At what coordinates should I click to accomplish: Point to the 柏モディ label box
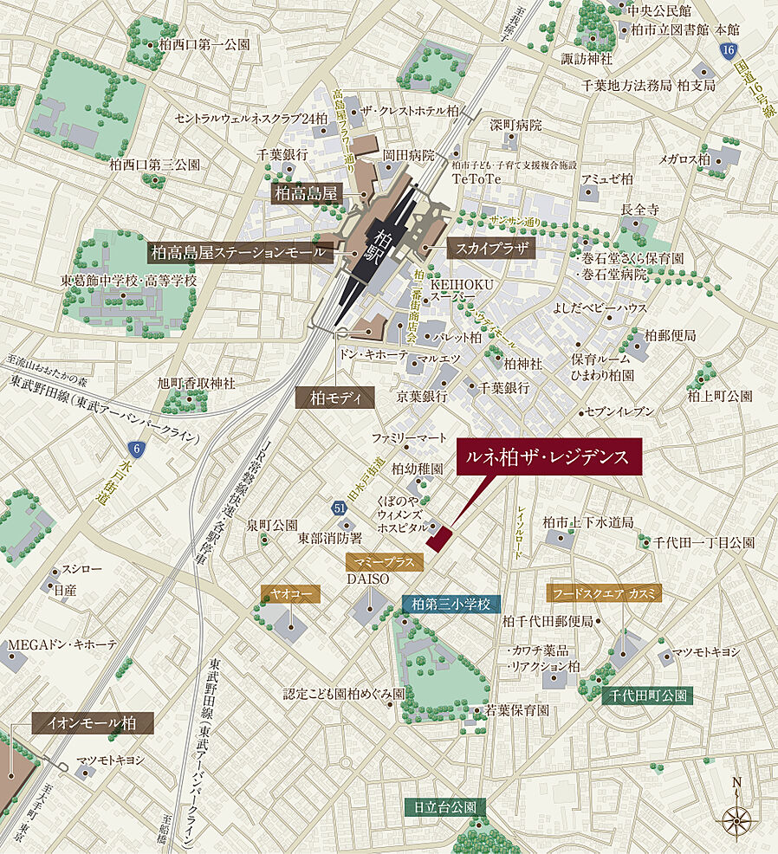(334, 398)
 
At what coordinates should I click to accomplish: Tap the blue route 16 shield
(726, 52)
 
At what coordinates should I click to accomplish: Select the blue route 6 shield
(134, 449)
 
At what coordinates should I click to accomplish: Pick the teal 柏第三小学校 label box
(451, 604)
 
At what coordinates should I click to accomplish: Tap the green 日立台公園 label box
(444, 806)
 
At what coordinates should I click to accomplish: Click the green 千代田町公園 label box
(647, 695)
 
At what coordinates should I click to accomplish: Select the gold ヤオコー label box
(290, 593)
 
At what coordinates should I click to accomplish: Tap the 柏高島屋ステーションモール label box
(239, 252)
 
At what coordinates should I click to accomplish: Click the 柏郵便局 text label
(671, 335)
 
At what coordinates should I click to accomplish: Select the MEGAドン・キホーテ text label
(62, 644)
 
